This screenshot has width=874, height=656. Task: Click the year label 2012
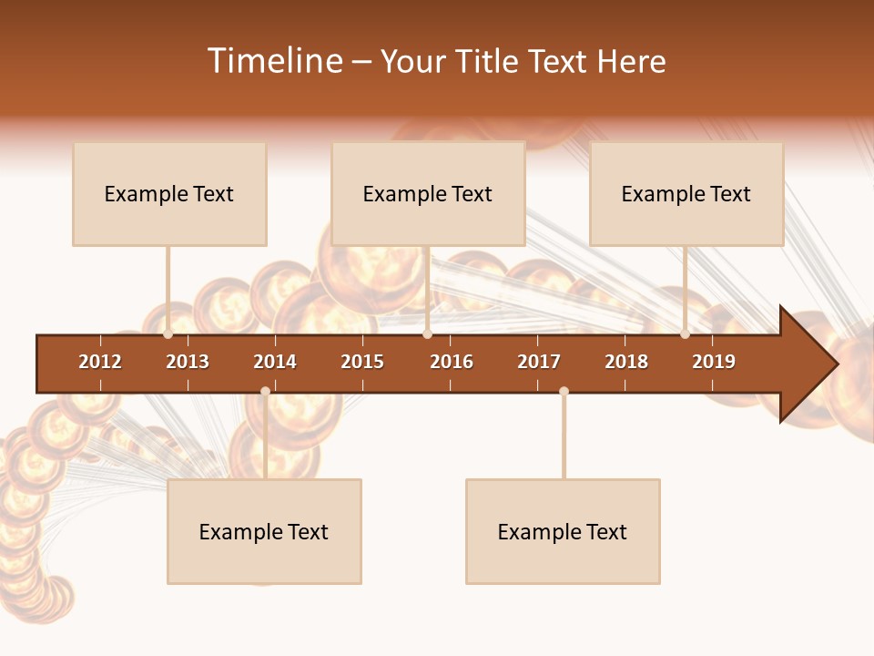pos(100,362)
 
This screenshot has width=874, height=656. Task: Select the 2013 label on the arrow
pos(188,362)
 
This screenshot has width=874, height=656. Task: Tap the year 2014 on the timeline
pos(275,362)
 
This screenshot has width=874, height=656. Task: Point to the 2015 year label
pos(362,362)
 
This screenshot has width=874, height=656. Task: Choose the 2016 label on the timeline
pos(452,362)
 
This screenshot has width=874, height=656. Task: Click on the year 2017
pos(539,362)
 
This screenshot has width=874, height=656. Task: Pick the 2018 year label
pos(626,362)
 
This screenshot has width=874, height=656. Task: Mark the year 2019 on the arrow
pos(714,362)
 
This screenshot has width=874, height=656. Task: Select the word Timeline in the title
pos(274,61)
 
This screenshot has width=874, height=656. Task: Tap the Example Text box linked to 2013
pos(169,194)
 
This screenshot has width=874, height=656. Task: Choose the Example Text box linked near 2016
pos(428,194)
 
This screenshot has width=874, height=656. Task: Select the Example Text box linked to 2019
pos(686,194)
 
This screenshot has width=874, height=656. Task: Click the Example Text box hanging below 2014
pos(264,532)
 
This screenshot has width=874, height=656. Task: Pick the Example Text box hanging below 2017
pos(563,532)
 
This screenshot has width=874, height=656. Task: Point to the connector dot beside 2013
pos(168,334)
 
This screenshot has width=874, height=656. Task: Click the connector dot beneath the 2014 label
pos(265,392)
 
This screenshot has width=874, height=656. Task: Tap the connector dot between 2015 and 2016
pos(427,334)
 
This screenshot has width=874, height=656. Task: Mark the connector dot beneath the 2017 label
pos(564,392)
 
